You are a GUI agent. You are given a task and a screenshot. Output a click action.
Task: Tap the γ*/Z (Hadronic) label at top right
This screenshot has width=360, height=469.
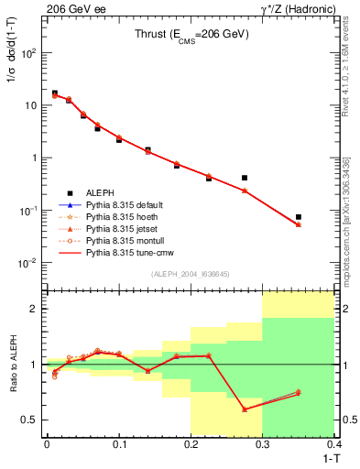point(300,8)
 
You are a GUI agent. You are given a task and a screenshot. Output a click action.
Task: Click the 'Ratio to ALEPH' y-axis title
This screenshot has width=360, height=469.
point(14,365)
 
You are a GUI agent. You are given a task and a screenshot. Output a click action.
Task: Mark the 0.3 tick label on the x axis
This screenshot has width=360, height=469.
point(263,444)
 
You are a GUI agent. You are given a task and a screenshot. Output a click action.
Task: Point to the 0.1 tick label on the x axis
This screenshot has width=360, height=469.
point(118,444)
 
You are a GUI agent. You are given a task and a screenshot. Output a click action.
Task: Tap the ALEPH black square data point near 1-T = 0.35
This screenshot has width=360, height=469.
point(299,217)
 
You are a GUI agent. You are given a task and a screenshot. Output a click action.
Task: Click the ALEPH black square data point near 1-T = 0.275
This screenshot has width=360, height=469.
point(245,178)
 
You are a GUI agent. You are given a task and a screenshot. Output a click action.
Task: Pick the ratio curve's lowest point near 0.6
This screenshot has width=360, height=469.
point(245,409)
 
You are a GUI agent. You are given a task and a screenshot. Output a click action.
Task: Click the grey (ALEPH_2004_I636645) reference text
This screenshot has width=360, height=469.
point(191,274)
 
